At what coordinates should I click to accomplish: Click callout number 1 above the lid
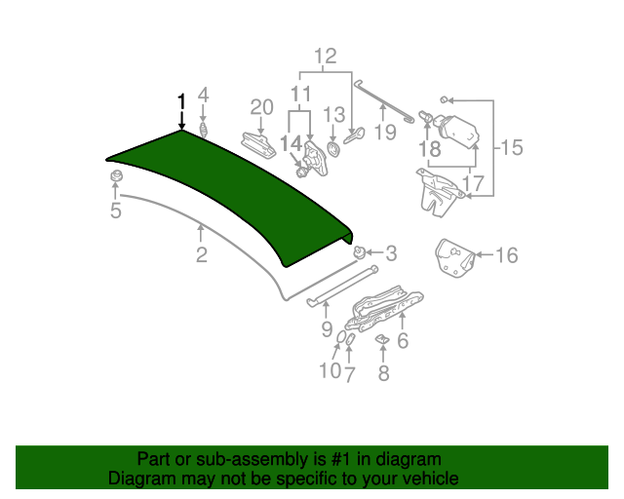[x=180, y=100]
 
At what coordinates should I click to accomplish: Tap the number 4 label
[x=204, y=95]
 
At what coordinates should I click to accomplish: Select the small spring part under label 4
[x=204, y=130]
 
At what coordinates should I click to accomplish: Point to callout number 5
[x=115, y=210]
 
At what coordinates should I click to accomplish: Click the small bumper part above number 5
[x=115, y=176]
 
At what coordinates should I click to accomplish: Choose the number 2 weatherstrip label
[x=201, y=255]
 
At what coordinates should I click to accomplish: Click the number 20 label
[x=262, y=107]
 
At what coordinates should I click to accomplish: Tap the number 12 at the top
[x=325, y=56]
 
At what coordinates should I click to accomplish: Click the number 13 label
[x=334, y=114]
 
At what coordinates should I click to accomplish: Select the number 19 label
[x=385, y=132]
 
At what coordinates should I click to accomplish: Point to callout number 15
[x=512, y=148]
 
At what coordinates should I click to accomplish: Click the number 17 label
[x=473, y=181]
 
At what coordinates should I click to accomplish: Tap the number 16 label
[x=506, y=255]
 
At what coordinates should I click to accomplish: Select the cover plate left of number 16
[x=453, y=256]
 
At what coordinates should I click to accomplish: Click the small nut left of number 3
[x=360, y=252]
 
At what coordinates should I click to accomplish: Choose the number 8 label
[x=383, y=372]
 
